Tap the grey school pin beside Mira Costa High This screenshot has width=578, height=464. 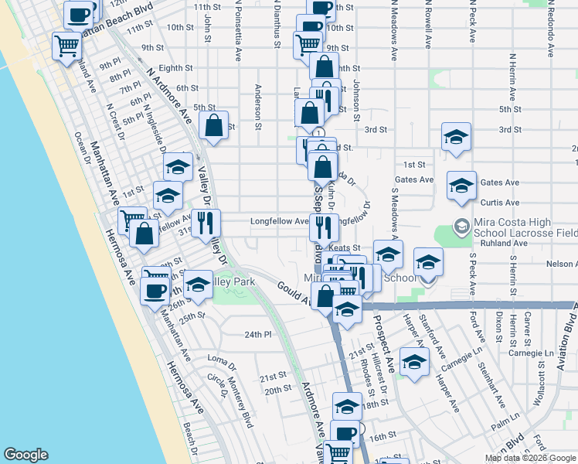click(x=461, y=227)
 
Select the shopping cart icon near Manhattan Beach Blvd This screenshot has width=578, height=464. click(x=67, y=46)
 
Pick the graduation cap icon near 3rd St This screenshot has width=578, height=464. click(x=457, y=137)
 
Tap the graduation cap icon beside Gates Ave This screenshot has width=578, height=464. click(x=461, y=186)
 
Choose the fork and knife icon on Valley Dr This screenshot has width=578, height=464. click(x=206, y=223)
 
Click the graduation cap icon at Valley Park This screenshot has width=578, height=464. click(x=199, y=285)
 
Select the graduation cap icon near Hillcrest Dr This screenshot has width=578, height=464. click(x=414, y=362)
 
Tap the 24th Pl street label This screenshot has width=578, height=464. click(x=258, y=335)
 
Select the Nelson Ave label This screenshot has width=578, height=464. click(x=560, y=264)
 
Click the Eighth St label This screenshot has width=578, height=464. click(x=176, y=68)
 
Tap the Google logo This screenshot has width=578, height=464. click(x=27, y=455)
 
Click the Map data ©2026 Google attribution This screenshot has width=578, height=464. click(x=529, y=458)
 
